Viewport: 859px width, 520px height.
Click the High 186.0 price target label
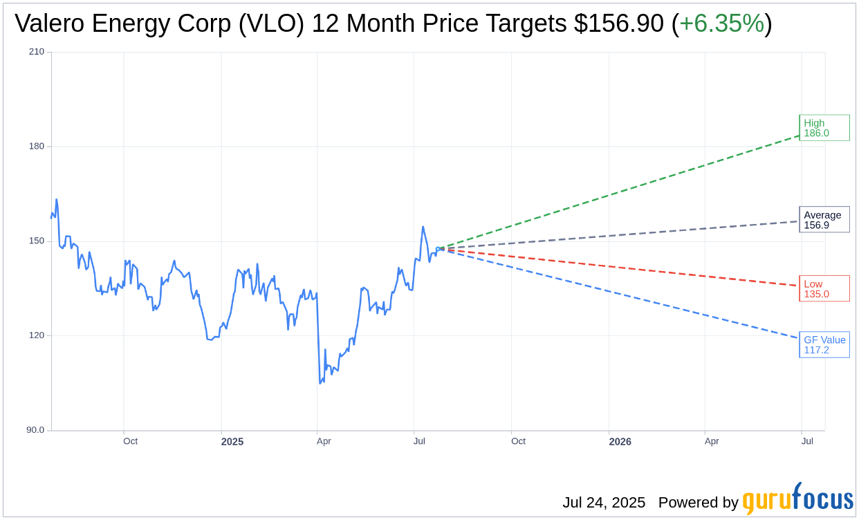click(824, 128)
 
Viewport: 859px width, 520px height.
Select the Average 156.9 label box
click(824, 220)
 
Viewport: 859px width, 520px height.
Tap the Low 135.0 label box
click(824, 289)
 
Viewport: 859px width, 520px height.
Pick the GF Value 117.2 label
click(824, 344)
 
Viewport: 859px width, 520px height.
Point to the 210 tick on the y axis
click(37, 52)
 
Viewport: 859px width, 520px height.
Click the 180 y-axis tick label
click(37, 147)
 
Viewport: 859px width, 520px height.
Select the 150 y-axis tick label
click(37, 241)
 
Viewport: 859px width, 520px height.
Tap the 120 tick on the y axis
click(37, 335)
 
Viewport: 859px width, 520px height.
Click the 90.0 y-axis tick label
click(35, 430)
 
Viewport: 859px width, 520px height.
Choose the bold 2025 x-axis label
click(232, 442)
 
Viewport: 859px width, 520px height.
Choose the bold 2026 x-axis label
click(620, 442)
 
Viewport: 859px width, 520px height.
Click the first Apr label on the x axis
click(324, 441)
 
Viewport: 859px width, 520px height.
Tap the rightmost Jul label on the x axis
click(806, 441)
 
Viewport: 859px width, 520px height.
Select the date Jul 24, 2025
click(604, 503)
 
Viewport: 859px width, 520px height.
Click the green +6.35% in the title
click(721, 24)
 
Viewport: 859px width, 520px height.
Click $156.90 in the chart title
click(618, 24)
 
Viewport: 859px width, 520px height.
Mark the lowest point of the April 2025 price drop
click(320, 383)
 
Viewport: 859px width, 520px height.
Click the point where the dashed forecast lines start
click(441, 248)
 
